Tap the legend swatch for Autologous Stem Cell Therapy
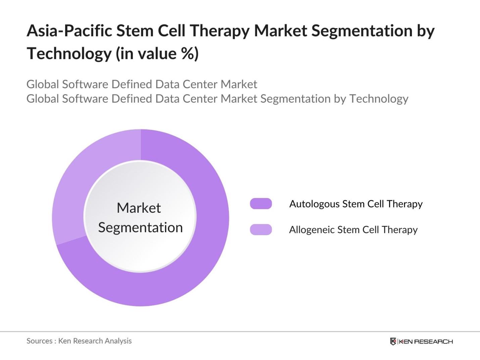261,204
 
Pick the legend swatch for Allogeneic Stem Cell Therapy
261,229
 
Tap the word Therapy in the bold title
220,31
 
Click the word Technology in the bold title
69,54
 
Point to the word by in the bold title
426,31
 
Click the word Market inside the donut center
139,208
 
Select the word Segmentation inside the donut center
140,227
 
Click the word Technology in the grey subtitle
379,99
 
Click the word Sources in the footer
39,341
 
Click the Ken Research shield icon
393,342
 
